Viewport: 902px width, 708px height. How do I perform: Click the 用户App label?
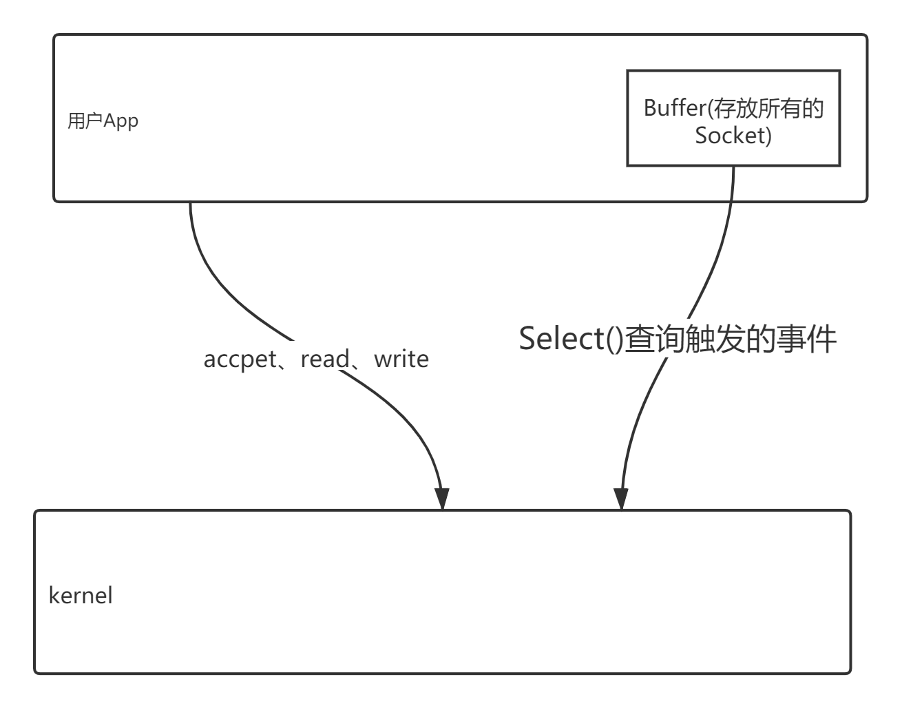tap(103, 121)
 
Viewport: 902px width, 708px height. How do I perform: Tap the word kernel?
tap(81, 595)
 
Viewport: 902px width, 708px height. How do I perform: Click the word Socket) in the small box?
tap(733, 136)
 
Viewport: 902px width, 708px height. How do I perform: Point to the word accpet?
tap(240, 359)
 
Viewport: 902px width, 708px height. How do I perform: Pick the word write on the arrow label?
tap(401, 359)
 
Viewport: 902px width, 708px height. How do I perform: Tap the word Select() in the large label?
tap(570, 339)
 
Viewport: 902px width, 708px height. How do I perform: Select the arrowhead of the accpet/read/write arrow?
tap(442, 498)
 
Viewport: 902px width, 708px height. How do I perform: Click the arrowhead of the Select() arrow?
tap(621, 498)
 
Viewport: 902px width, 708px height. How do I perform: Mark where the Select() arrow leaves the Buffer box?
tap(734, 167)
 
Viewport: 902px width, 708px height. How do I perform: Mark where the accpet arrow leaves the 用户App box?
tap(190, 203)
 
